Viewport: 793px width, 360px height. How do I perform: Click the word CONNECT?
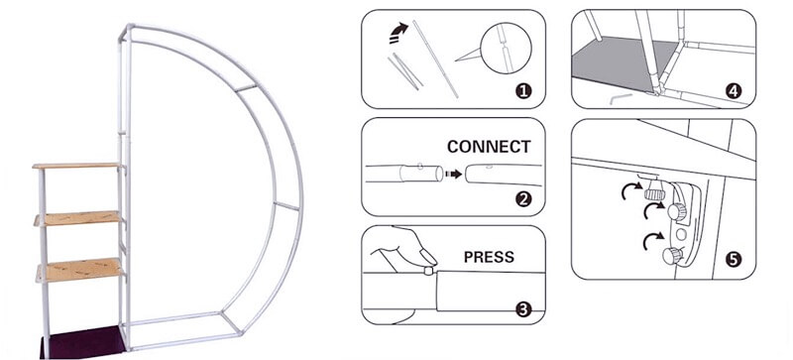(489, 147)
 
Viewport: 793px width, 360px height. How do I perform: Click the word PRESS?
(489, 257)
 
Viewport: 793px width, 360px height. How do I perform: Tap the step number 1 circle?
(523, 91)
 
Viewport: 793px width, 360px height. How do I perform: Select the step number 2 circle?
(523, 199)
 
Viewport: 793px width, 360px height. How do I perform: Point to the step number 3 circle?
(523, 308)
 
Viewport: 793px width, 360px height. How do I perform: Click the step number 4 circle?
(734, 91)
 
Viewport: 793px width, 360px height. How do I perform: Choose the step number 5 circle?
(734, 260)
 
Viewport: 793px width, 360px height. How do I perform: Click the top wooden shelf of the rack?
(77, 166)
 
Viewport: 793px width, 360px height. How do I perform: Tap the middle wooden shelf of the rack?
(78, 218)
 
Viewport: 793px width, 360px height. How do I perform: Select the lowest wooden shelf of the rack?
(79, 270)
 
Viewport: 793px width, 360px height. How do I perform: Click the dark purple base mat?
(83, 342)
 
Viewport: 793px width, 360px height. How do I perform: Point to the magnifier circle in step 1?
(506, 49)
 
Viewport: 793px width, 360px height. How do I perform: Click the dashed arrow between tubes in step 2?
(454, 175)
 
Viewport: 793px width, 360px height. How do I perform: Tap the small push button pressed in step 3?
(428, 271)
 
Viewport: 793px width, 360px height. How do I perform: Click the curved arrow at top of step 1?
(398, 33)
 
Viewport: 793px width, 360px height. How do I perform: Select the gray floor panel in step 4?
(623, 63)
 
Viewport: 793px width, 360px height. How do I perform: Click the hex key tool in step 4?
(622, 98)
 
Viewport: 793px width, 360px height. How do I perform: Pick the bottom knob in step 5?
(672, 256)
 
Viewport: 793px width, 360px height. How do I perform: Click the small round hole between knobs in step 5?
(681, 234)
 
